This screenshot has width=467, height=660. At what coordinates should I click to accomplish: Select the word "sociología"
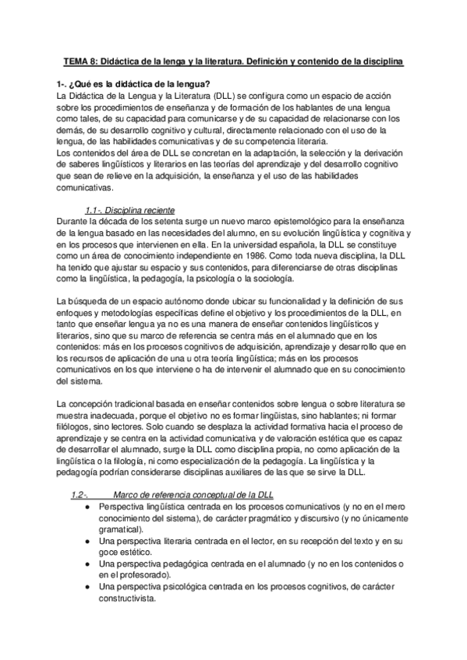tap(271, 278)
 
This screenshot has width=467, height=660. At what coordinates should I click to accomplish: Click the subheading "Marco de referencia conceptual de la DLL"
tap(193, 495)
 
